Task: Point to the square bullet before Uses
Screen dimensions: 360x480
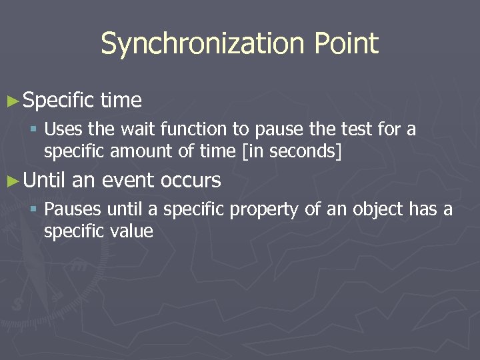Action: click(34, 129)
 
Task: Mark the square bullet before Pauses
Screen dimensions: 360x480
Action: click(34, 211)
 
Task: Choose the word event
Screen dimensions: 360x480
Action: click(127, 181)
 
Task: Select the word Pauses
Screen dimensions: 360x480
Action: click(73, 210)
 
